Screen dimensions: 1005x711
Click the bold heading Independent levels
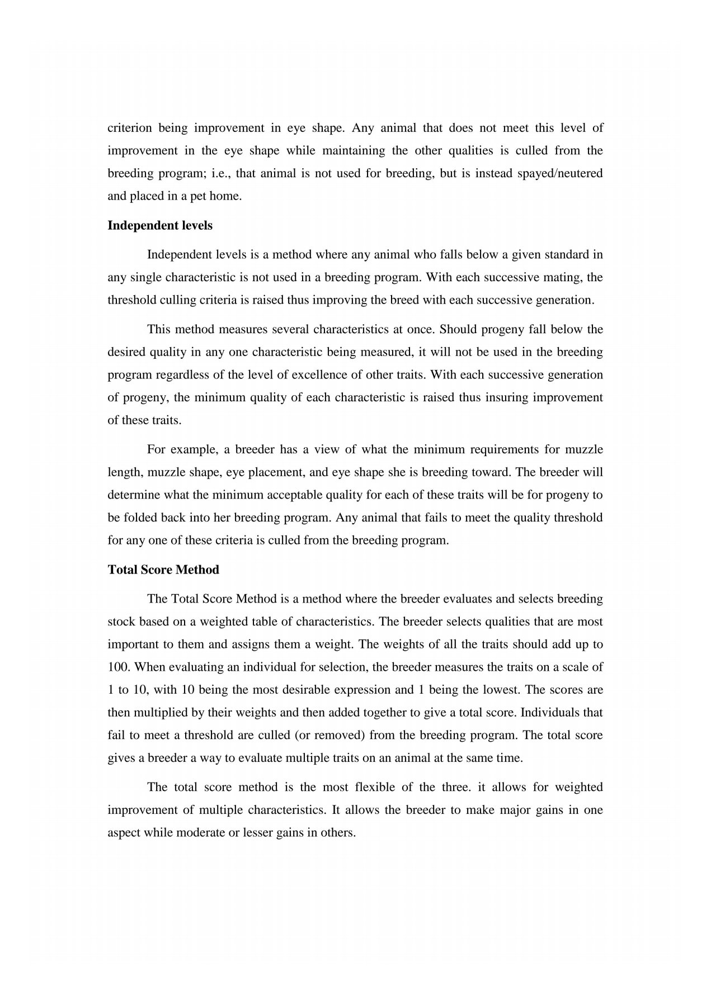point(160,226)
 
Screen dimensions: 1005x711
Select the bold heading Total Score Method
point(163,570)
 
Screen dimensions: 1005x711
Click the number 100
point(118,667)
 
